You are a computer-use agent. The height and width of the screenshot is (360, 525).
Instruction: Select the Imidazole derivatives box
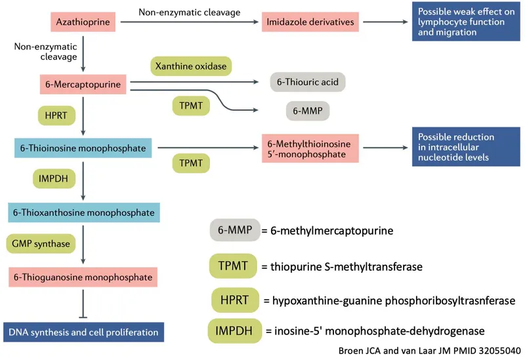click(310, 22)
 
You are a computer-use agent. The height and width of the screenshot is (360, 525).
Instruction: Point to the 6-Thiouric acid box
click(308, 83)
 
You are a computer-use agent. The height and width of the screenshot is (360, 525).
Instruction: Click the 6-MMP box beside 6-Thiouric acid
click(307, 111)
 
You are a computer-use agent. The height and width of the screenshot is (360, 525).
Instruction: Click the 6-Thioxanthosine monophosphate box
click(83, 212)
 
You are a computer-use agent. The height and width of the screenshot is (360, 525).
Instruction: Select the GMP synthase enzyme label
click(41, 243)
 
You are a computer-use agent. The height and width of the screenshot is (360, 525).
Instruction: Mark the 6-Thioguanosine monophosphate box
click(83, 277)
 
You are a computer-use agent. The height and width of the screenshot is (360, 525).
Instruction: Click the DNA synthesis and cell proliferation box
click(83, 332)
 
